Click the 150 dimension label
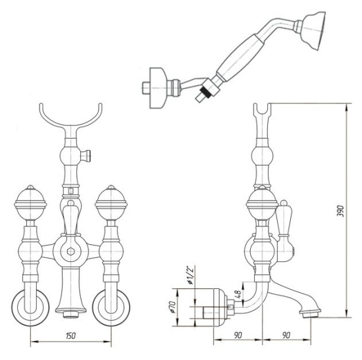70,336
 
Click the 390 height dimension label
340,211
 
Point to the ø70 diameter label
172,307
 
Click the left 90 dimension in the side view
238,335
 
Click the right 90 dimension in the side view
286,335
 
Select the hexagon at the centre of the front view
70,251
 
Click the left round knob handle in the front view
30,203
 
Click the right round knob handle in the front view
111,203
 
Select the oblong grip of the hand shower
240,58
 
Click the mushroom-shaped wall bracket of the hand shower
158,88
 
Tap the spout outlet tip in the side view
311,314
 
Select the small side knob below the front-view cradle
87,155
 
